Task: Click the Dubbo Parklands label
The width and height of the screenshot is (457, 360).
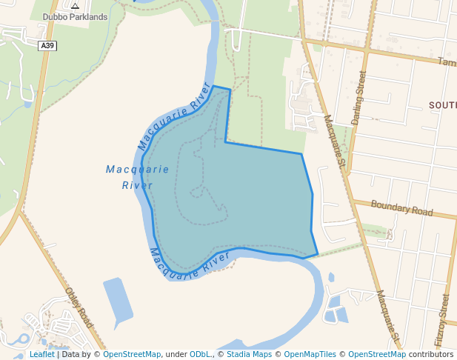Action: pyautogui.click(x=75, y=16)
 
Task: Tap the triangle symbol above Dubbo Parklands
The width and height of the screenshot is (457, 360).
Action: pyautogui.click(x=75, y=6)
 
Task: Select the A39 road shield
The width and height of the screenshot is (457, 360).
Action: pyautogui.click(x=47, y=45)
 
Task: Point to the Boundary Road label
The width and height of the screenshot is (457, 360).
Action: pyautogui.click(x=401, y=208)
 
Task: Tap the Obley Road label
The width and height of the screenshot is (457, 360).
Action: pyautogui.click(x=79, y=307)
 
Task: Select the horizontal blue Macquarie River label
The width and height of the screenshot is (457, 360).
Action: pyautogui.click(x=137, y=177)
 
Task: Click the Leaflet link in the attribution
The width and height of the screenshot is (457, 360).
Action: pyautogui.click(x=41, y=354)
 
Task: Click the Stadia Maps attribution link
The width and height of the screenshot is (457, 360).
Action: pyautogui.click(x=249, y=354)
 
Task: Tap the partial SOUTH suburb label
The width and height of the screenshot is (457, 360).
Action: pyautogui.click(x=442, y=105)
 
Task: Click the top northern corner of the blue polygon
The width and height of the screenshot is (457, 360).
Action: pyautogui.click(x=214, y=86)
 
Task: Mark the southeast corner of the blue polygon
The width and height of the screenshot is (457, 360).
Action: pyautogui.click(x=318, y=255)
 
